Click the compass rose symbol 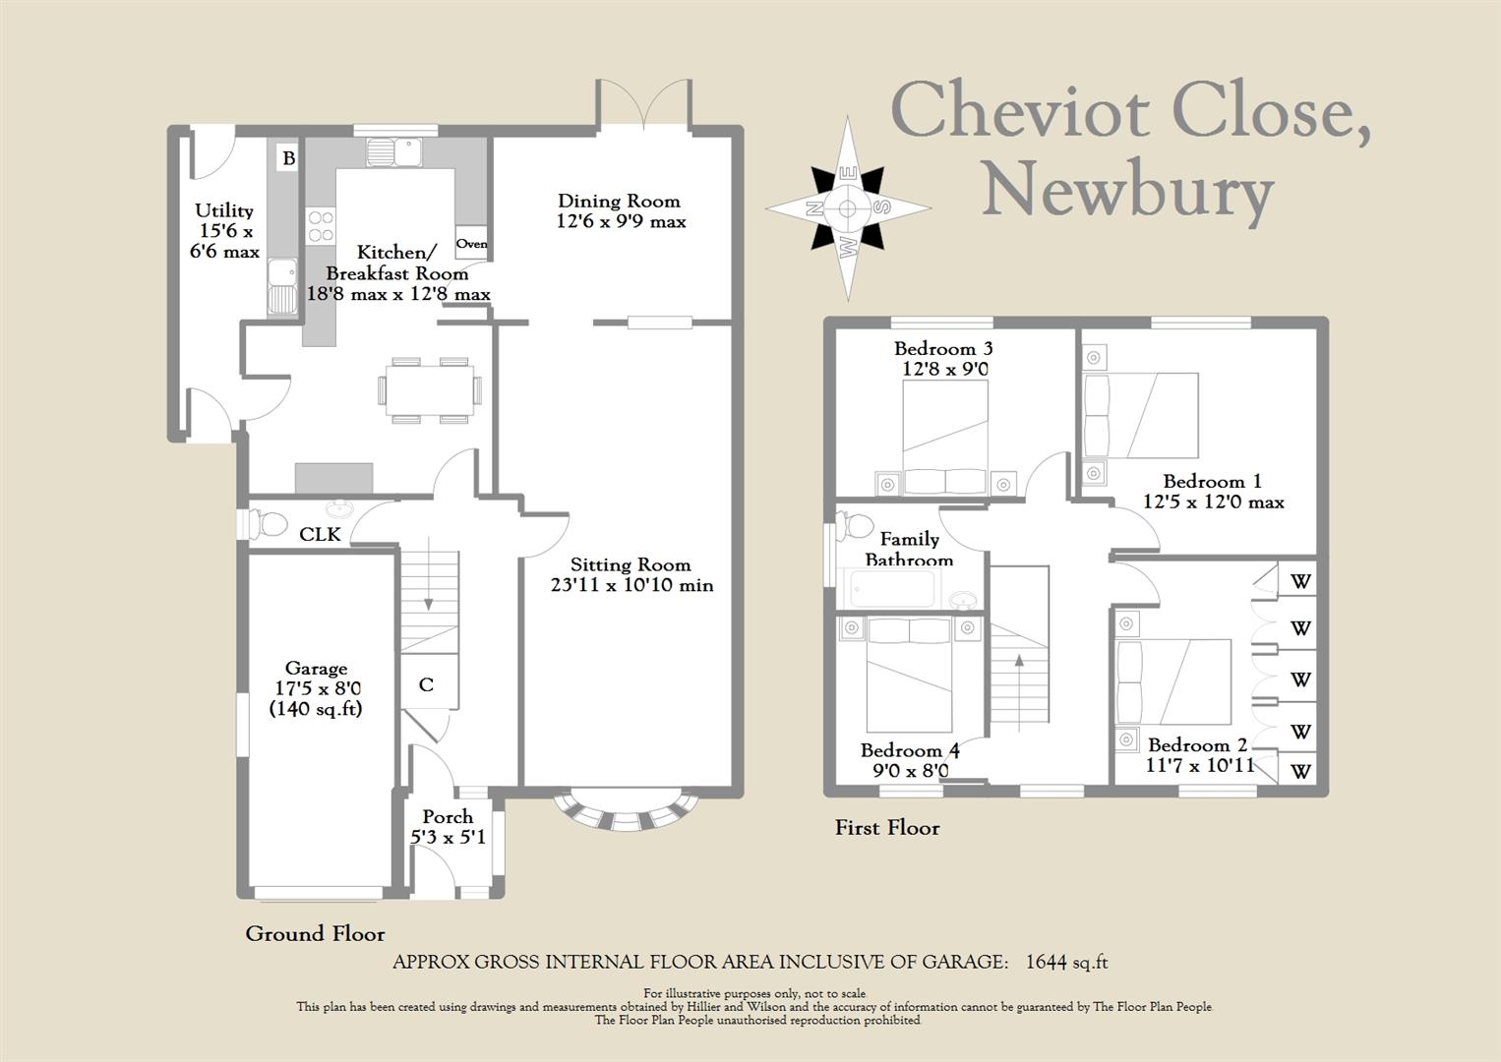tap(848, 208)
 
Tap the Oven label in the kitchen tap(472, 243)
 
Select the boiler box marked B tap(289, 158)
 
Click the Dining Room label tap(619, 201)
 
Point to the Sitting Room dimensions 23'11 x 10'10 tap(631, 585)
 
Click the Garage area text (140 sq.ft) tap(316, 709)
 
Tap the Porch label tap(448, 817)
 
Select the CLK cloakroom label tap(320, 534)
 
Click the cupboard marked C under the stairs tap(426, 684)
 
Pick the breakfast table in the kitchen tap(430, 390)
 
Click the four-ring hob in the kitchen tap(321, 226)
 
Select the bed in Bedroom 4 tap(909, 675)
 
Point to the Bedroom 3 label tap(943, 348)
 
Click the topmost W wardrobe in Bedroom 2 tap(1299, 580)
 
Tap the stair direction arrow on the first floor tap(1019, 693)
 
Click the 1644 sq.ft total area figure tap(1067, 962)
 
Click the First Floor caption tap(887, 828)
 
